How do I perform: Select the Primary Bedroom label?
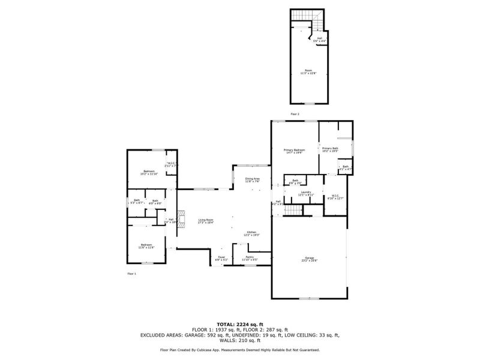293,151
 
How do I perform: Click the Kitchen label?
251,233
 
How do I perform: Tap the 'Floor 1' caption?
131,273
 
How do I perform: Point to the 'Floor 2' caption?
295,113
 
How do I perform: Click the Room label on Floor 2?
308,71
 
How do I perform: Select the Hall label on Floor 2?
320,40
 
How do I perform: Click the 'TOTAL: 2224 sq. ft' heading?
240,323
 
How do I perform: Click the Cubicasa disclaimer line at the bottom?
240,350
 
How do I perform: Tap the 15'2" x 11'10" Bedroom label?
148,172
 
